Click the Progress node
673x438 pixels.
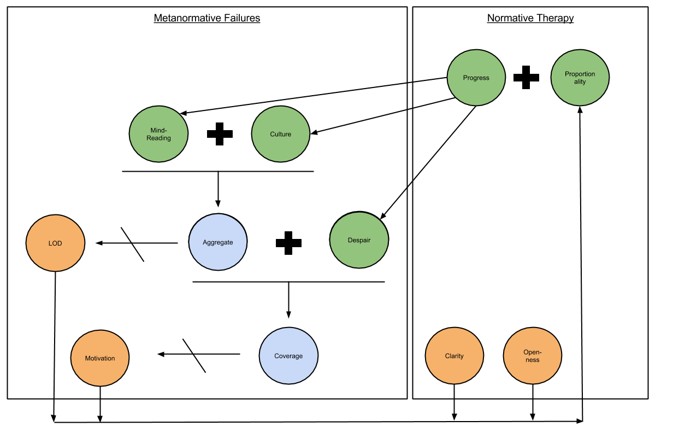tap(476, 78)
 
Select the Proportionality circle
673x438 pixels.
tap(580, 78)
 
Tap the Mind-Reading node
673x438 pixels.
tap(158, 134)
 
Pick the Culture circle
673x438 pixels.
tap(280, 134)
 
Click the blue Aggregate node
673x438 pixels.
tap(217, 242)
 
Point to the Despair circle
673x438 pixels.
tap(359, 240)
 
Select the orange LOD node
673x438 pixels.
tap(55, 243)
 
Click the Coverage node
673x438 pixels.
tap(288, 356)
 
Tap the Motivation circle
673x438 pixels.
tap(100, 358)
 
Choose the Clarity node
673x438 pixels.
tap(454, 356)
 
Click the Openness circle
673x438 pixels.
tap(532, 356)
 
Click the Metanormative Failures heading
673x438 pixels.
tap(206, 18)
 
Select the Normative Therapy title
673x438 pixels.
tap(530, 18)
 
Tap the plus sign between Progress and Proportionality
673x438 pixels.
tap(526, 78)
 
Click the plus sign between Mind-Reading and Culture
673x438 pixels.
tap(220, 134)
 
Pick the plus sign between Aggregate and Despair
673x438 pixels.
tap(288, 243)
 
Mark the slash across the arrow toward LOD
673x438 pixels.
tap(132, 244)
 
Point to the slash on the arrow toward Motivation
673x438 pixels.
tap(194, 355)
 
